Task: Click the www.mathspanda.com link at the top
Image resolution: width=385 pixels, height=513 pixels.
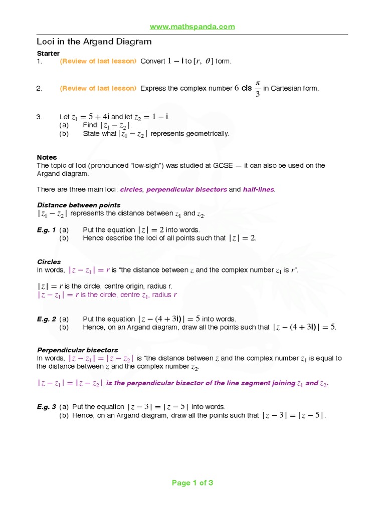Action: (x=192, y=27)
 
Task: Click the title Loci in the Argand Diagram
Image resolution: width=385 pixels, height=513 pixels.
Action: (x=94, y=42)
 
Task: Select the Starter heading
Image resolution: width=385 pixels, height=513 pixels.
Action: (x=48, y=53)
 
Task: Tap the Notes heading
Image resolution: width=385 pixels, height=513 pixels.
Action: (x=47, y=157)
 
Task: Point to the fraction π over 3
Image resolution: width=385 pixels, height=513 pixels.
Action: (x=258, y=88)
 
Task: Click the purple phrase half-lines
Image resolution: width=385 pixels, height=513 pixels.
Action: (x=259, y=189)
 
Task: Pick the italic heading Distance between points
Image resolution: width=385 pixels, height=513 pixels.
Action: (x=79, y=205)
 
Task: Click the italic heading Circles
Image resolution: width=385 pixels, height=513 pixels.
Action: (x=49, y=262)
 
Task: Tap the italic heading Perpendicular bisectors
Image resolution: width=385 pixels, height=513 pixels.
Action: (x=78, y=350)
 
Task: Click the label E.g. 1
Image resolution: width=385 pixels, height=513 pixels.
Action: (x=46, y=230)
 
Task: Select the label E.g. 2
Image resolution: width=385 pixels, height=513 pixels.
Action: (x=46, y=319)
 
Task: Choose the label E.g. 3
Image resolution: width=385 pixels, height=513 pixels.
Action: (x=46, y=407)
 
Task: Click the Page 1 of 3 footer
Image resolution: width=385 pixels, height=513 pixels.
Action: (x=192, y=483)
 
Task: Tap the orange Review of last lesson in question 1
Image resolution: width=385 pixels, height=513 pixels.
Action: (x=98, y=61)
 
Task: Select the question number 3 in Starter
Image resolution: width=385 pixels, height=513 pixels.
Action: (x=39, y=117)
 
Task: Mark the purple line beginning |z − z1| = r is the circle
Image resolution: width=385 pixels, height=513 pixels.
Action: (x=107, y=295)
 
